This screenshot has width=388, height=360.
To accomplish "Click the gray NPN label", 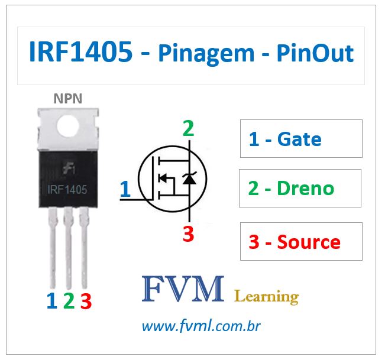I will (68, 99).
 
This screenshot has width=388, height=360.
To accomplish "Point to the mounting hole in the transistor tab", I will (68, 125).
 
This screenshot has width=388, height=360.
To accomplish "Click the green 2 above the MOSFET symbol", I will (188, 129).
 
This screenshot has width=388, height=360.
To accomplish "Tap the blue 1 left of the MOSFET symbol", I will (125, 190).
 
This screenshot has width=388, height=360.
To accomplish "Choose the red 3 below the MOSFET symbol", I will (188, 234).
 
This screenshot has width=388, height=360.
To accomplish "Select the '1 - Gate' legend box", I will (301, 139).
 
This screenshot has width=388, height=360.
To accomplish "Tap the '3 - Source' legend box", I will (301, 241).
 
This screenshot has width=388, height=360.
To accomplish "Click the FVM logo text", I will (183, 289).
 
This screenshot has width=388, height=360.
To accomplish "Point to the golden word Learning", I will (267, 296).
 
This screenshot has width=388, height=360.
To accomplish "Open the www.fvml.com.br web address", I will (202, 326).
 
